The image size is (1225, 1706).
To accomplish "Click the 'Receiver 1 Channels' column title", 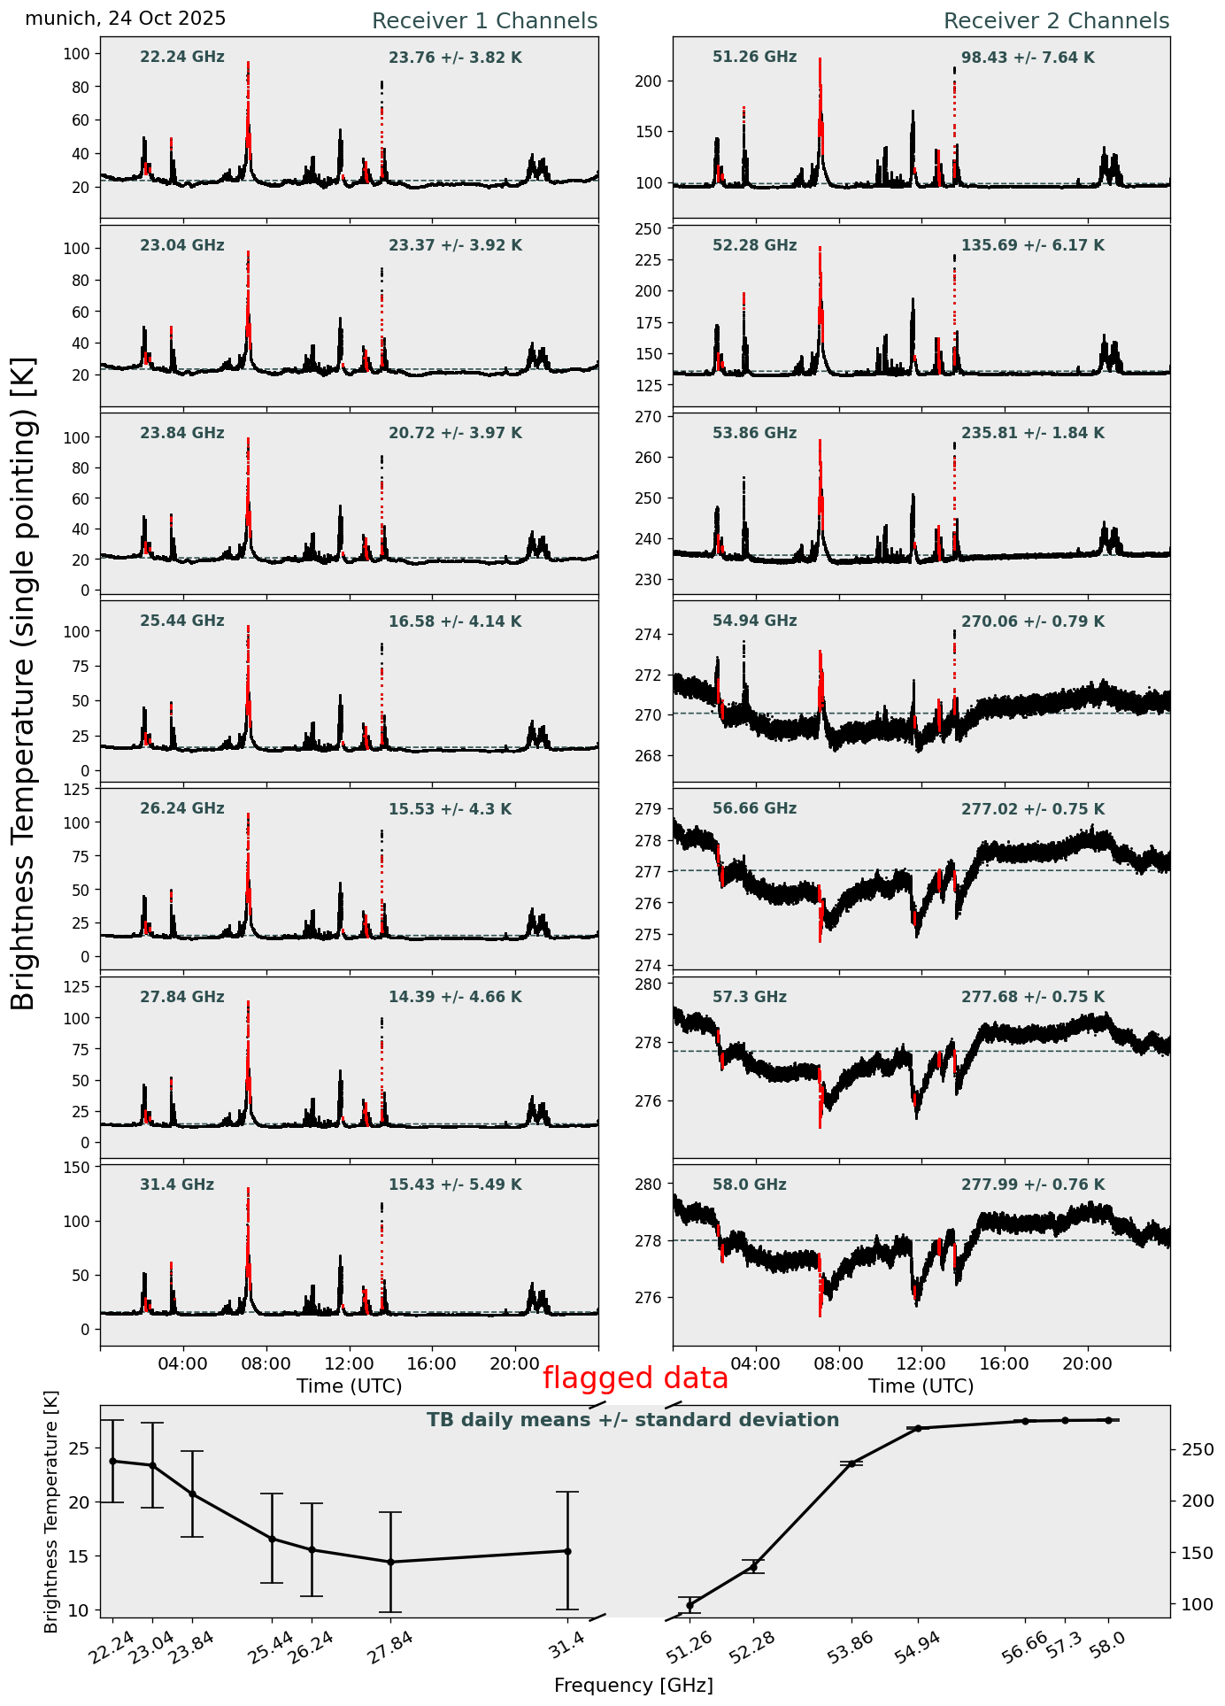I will point(484,21).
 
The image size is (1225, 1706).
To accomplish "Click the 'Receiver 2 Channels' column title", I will point(1056,21).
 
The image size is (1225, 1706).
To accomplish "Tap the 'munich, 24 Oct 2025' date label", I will point(126,19).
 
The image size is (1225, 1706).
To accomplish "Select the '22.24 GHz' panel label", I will point(182,58).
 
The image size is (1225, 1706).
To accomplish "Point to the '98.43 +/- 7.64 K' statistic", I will point(1028,58).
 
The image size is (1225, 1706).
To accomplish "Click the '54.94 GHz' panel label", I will point(754,621).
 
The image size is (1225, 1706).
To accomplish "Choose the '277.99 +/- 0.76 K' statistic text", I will point(1033,1185).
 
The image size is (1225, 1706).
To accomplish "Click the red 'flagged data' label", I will point(635,1378).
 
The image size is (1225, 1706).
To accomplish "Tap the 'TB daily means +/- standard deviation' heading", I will point(633,1420).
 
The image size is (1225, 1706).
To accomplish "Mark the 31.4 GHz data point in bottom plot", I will point(566,1551).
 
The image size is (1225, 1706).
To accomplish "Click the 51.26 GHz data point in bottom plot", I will point(690,1605).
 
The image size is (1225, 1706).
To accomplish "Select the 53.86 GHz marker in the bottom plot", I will point(851,1464).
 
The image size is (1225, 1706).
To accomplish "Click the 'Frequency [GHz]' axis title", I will point(633,1686).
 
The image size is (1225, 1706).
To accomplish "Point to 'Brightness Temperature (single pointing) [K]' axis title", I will point(24,683).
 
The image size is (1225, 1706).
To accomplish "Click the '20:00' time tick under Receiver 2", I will point(1087,1363).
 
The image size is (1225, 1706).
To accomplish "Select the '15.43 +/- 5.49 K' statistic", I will point(455,1185).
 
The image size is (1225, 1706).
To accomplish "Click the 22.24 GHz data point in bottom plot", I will point(112,1461).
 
